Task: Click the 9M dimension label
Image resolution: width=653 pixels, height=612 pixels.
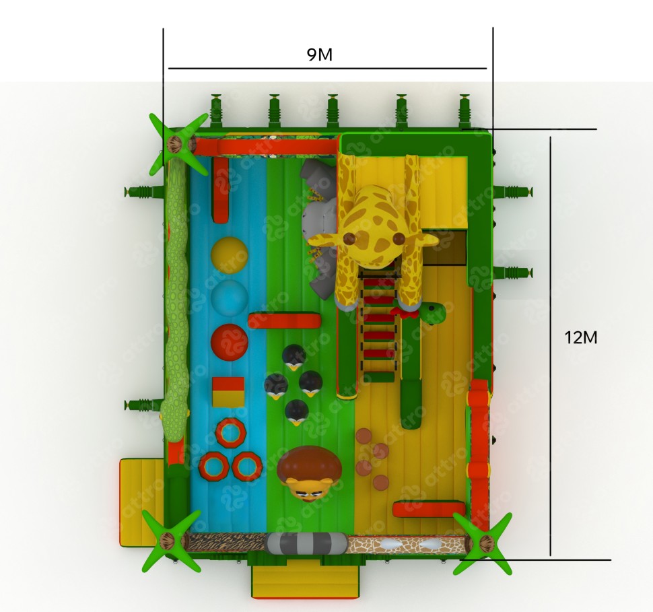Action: [320, 55]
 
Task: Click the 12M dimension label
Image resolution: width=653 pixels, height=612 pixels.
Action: [580, 337]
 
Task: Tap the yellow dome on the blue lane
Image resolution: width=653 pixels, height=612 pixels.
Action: [229, 255]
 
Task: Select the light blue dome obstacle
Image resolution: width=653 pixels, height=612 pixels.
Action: [229, 298]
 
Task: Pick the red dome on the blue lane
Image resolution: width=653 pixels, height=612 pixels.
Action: [229, 342]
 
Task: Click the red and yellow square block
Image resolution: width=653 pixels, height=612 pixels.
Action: [228, 392]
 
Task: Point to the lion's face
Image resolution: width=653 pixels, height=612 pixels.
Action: [308, 489]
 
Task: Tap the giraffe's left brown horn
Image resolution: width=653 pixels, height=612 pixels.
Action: [349, 238]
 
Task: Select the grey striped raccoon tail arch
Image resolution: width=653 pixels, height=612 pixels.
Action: [307, 543]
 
